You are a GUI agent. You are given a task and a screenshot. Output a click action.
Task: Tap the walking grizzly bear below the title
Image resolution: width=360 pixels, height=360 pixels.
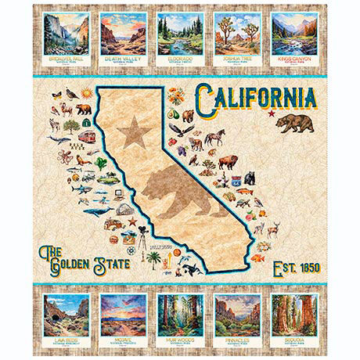click(x=296, y=123)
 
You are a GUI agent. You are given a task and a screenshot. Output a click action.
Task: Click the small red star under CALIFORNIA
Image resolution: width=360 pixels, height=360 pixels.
click(x=272, y=115)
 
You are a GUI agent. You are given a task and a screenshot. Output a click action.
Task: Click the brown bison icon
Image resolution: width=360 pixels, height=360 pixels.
click(x=228, y=163)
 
